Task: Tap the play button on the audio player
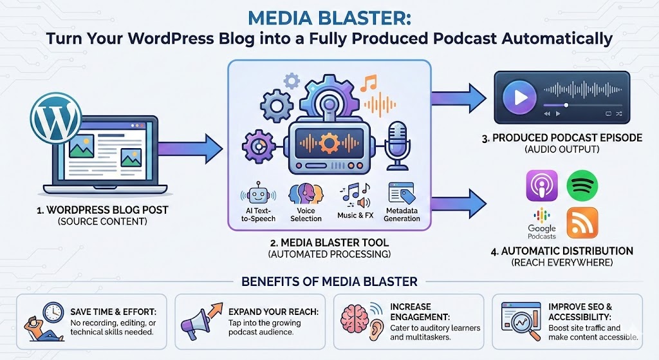pyautogui.click(x=519, y=97)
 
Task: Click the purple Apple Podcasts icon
pyautogui.click(x=541, y=186)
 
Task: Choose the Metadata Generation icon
pyautogui.click(x=400, y=193)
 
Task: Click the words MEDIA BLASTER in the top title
pyautogui.click(x=329, y=15)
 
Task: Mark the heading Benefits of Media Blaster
pyautogui.click(x=329, y=281)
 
